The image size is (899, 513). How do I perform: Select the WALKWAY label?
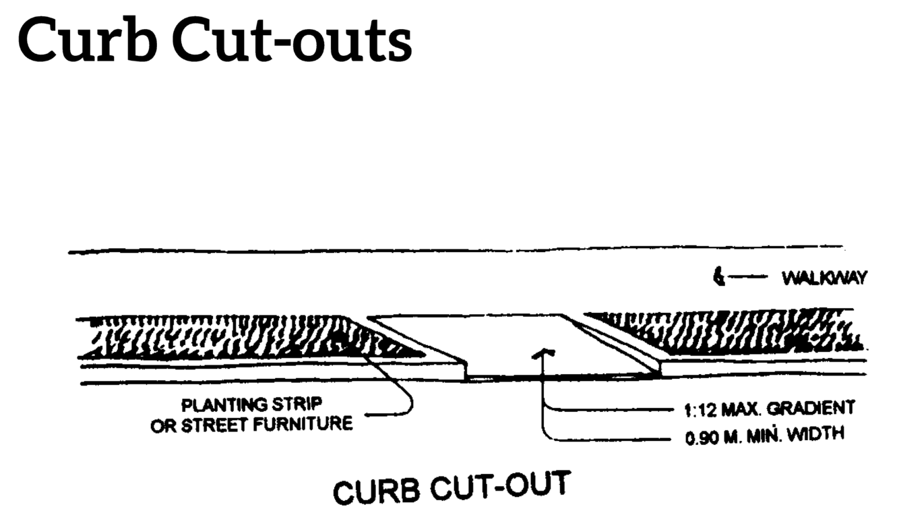point(824,278)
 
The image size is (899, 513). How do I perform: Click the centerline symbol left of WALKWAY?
point(719,276)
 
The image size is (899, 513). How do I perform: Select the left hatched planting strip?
point(222,337)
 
